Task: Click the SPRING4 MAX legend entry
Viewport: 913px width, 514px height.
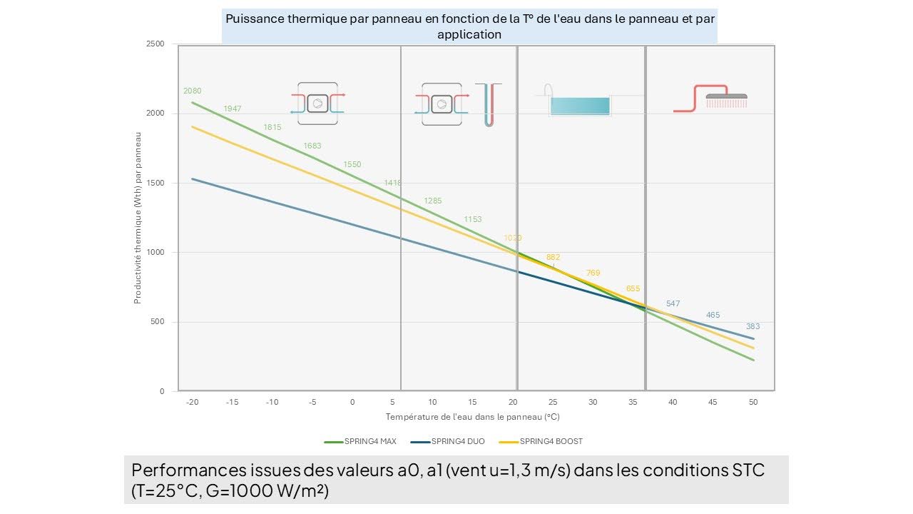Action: [360, 441]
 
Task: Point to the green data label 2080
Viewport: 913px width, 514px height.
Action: [192, 91]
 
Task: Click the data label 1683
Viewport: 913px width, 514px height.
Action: [312, 146]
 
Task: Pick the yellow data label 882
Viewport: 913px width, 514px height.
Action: [553, 257]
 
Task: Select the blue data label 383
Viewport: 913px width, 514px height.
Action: [753, 326]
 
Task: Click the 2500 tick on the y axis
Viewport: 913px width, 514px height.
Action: [156, 44]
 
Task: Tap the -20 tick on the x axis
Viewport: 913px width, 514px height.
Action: [191, 402]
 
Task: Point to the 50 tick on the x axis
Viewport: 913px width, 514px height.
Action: [753, 402]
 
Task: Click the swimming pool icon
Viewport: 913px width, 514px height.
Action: [579, 104]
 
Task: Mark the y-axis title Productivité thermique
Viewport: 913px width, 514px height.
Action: [138, 218]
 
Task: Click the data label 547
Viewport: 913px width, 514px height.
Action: [673, 303]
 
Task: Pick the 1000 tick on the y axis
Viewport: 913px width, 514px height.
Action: [156, 253]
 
